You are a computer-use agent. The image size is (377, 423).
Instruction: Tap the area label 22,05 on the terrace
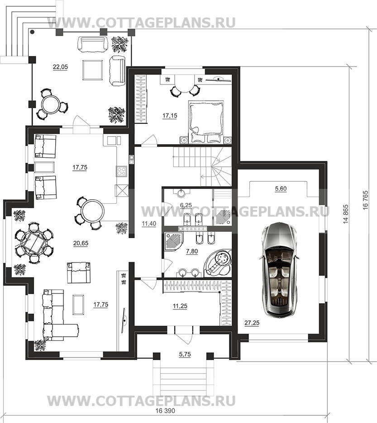coord(60,67)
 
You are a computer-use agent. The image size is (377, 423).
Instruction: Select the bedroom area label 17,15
coord(170,116)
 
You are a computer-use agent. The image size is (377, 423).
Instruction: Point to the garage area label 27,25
coord(252,323)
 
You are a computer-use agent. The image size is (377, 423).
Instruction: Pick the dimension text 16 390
coord(165,418)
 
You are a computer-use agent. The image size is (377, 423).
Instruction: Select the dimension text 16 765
coord(366,201)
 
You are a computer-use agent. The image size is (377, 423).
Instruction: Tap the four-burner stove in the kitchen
coord(121,171)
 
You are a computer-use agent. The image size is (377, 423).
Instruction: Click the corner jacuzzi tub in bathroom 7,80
coord(218,263)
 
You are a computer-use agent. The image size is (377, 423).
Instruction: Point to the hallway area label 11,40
coord(148,223)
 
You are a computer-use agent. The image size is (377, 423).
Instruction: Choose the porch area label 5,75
coord(185,354)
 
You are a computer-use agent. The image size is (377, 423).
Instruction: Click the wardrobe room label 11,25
coord(180,306)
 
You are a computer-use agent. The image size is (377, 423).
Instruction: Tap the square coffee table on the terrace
coord(93,70)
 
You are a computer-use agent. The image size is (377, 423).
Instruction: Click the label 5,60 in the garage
coord(281,189)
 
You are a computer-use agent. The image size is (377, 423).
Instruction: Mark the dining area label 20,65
coord(81,243)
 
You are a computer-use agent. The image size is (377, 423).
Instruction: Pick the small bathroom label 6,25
coord(186,205)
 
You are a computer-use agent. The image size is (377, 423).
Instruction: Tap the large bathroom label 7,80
coord(192,251)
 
